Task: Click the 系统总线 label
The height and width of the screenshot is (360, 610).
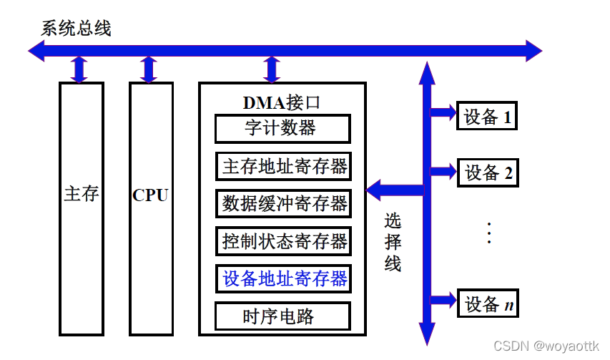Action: point(76,28)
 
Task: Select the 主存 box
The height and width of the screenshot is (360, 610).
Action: point(81,208)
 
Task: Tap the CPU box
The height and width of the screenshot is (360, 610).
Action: point(150,208)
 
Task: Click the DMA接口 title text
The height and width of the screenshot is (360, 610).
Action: point(282,102)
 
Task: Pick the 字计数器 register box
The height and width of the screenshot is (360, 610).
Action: point(282,129)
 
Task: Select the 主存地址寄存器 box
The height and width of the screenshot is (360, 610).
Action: point(283,166)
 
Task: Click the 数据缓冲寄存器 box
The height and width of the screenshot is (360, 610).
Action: point(283,203)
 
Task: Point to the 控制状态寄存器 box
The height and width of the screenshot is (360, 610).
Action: point(283,240)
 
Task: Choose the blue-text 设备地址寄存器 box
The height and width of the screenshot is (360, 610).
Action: point(283,278)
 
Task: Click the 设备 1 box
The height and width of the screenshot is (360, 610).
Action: point(487,117)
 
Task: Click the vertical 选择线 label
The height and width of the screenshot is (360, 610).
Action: point(393,242)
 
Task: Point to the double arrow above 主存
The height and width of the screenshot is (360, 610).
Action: point(79,69)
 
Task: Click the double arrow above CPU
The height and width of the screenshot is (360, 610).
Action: point(149,69)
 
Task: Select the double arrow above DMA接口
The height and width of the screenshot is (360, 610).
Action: point(271,69)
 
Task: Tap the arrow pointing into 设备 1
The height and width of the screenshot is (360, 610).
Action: point(443,112)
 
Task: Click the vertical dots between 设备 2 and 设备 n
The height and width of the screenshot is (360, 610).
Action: point(489,233)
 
